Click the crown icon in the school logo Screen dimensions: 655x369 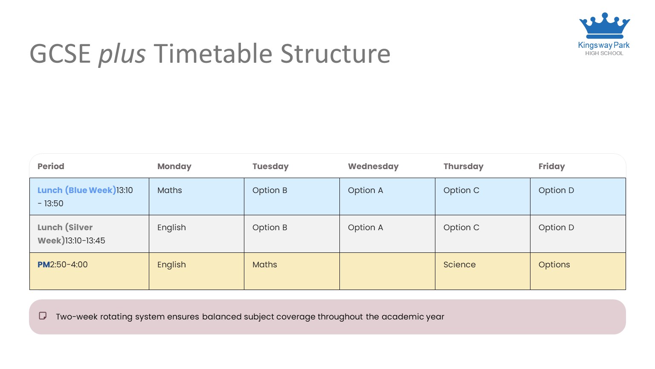604,26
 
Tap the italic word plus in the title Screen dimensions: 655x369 122,54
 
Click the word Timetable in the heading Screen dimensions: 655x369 213,53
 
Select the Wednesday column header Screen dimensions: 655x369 373,166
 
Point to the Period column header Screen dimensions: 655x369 51,166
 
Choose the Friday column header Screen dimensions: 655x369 551,166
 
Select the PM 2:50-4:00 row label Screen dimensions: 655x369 63,264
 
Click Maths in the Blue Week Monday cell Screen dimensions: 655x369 170,190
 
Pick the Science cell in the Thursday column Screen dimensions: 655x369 459,264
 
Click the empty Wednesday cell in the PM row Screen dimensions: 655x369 387,271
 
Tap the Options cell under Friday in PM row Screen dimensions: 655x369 554,265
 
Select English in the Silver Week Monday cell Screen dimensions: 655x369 171,228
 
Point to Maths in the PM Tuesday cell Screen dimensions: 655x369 265,264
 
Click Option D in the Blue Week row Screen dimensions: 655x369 556,190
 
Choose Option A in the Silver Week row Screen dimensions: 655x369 365,228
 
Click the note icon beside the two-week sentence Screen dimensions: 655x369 43,316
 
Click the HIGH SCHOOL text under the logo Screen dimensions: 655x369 604,53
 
